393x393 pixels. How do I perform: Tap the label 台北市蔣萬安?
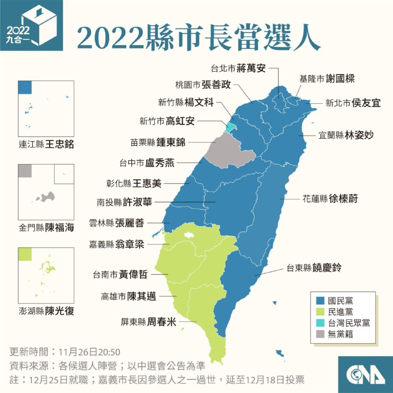pos(238,68)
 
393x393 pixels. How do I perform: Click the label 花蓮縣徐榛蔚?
pos(330,199)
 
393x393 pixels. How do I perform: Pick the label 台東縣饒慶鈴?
pos(314,268)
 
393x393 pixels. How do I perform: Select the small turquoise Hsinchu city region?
pos(229,126)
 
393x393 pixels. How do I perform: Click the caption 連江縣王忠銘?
pos(49,145)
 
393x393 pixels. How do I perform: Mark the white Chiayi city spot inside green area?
pos(187,235)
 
